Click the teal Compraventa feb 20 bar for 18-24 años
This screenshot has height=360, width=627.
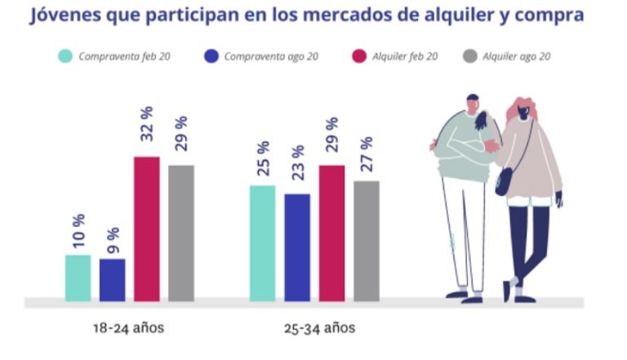point(78,278)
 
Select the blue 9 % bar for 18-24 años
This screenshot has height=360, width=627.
point(113,280)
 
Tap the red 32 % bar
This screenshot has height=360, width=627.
point(147,229)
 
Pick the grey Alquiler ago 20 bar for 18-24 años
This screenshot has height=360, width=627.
point(181,233)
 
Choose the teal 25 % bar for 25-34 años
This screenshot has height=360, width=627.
point(262,243)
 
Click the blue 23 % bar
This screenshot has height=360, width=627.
point(297,247)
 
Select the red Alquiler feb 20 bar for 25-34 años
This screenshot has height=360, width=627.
point(331,233)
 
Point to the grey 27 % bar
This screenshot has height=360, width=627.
point(367,241)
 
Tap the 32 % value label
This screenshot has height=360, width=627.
point(147,133)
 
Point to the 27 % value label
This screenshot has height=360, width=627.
point(367,157)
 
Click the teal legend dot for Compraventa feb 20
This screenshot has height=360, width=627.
point(64,56)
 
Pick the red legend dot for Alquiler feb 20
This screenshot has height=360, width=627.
point(358,56)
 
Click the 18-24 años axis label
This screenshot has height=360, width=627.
point(129,329)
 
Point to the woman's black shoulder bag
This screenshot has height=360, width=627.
point(505,181)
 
